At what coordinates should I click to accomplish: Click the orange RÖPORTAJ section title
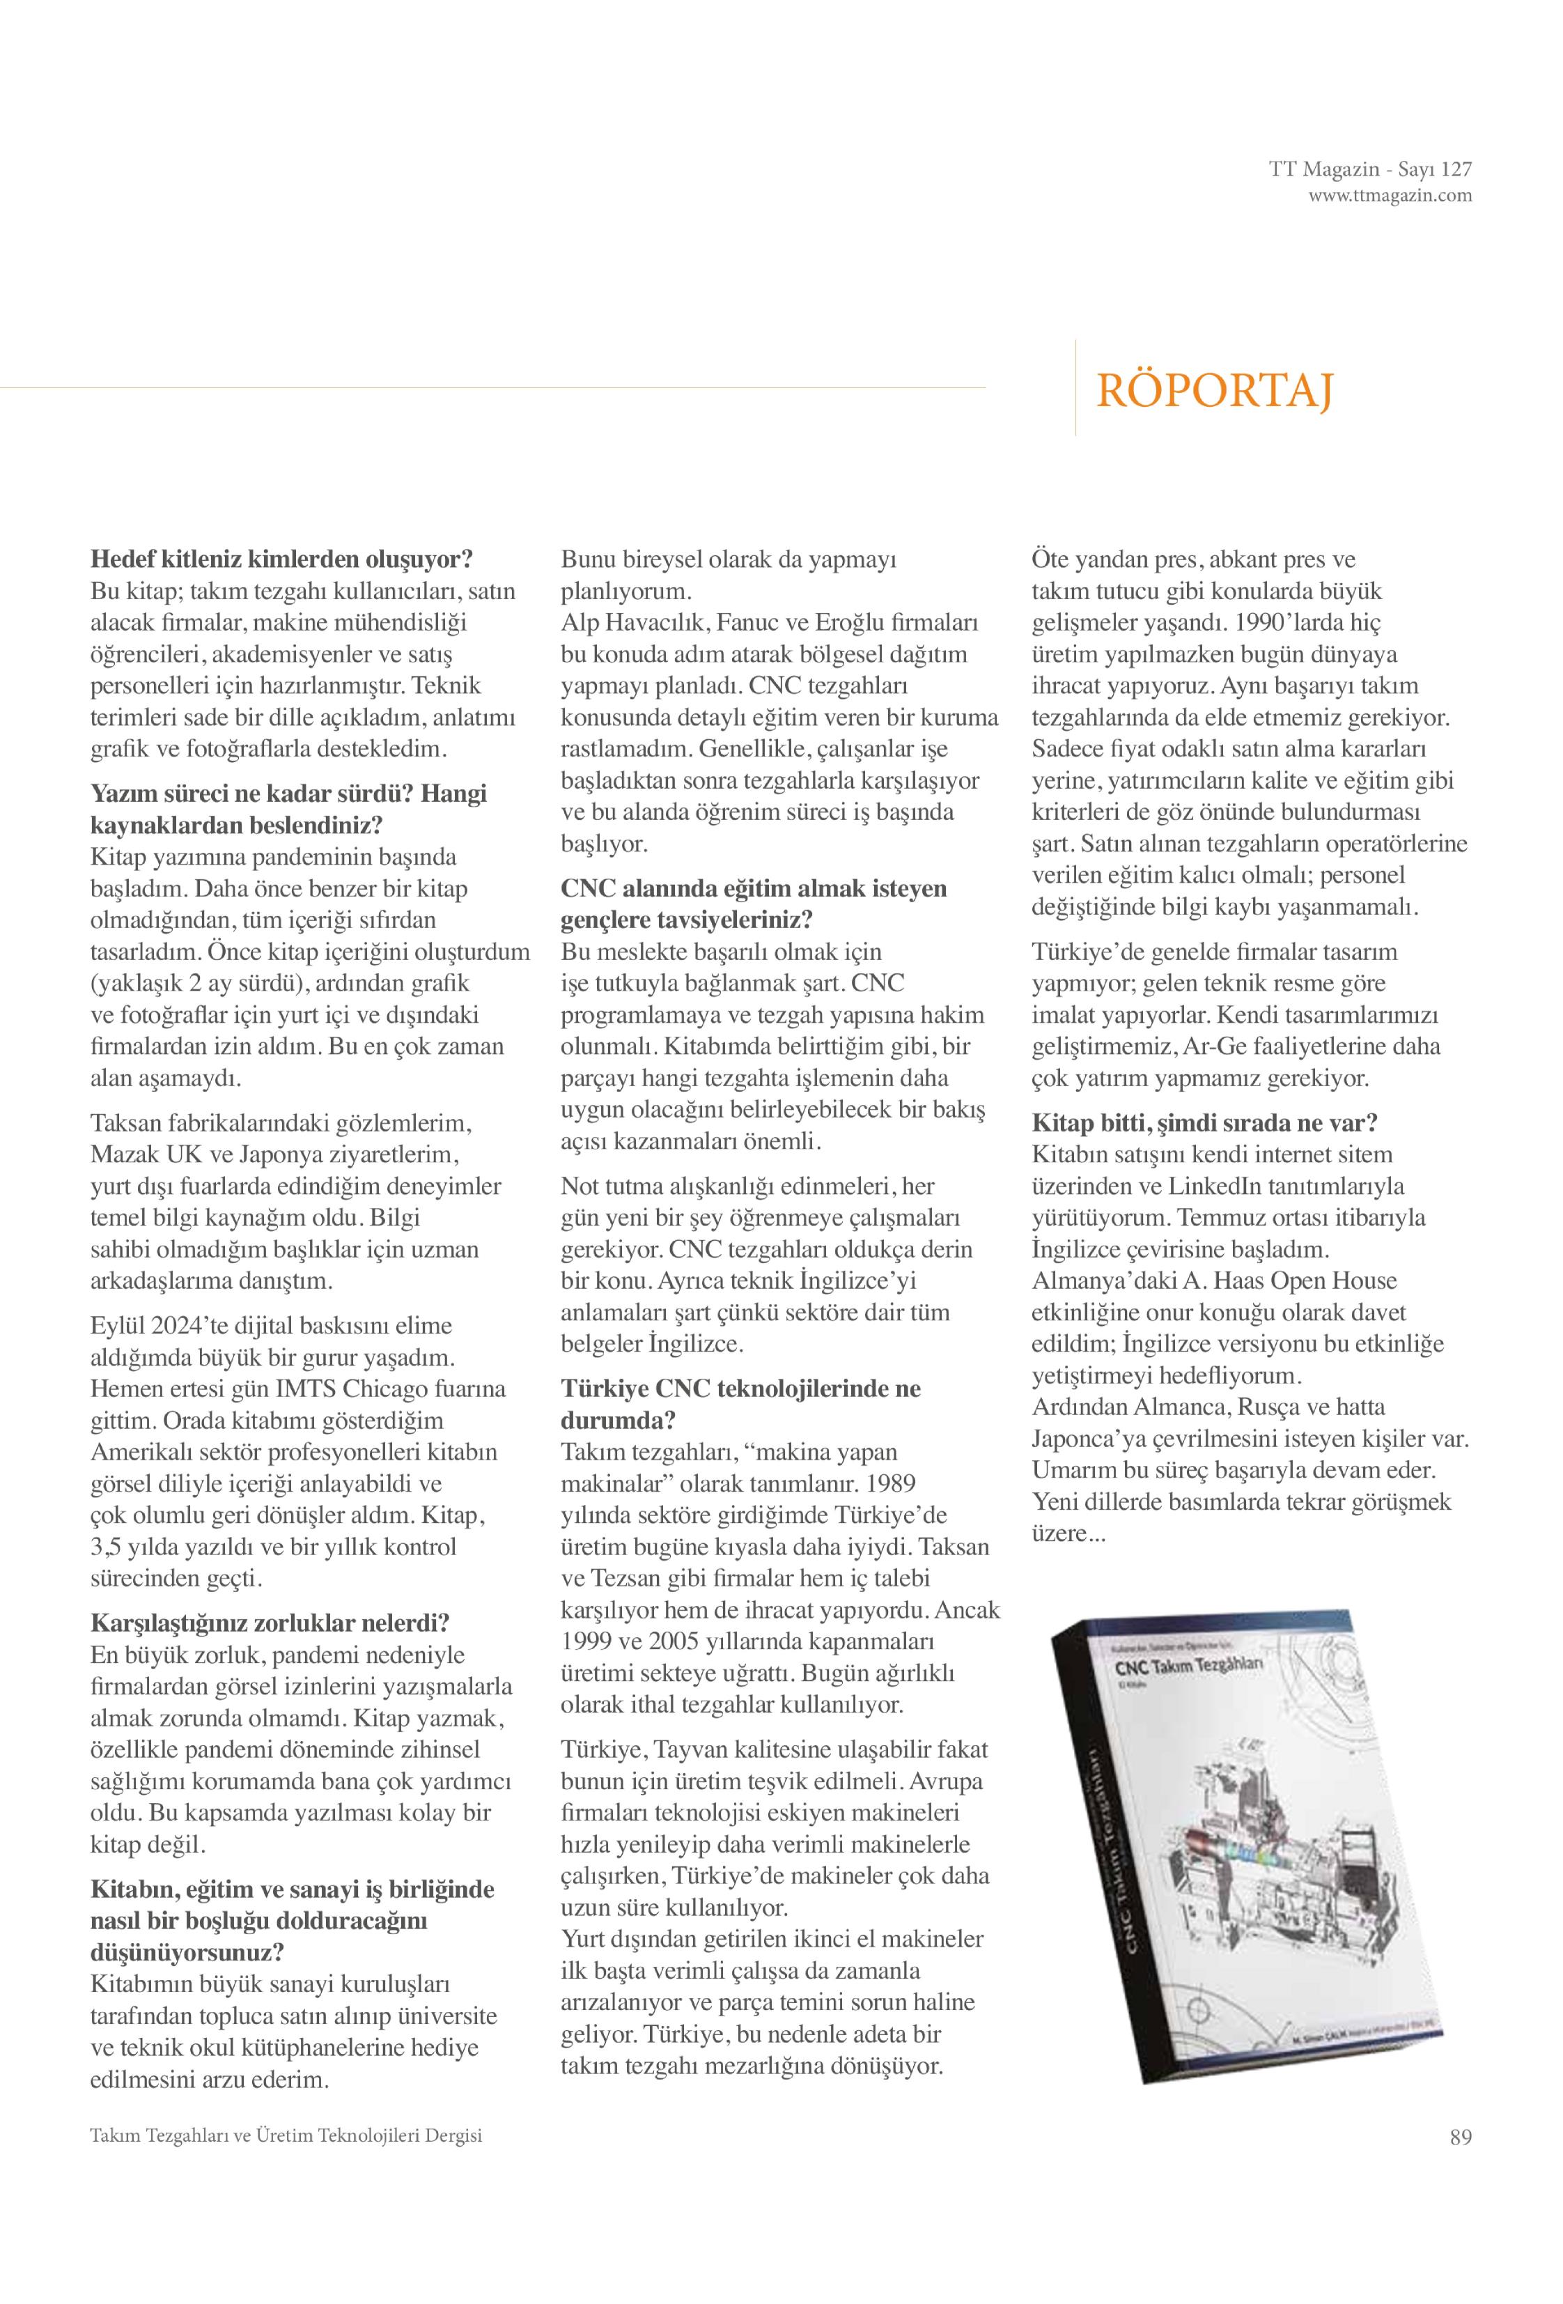[x=1213, y=391]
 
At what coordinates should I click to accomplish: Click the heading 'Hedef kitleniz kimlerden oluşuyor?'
[x=281, y=559]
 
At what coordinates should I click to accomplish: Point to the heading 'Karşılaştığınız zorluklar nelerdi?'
[x=270, y=1623]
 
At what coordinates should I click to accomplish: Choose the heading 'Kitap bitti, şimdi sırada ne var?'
[x=1204, y=1122]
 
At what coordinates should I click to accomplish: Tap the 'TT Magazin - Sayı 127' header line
[x=1370, y=169]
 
